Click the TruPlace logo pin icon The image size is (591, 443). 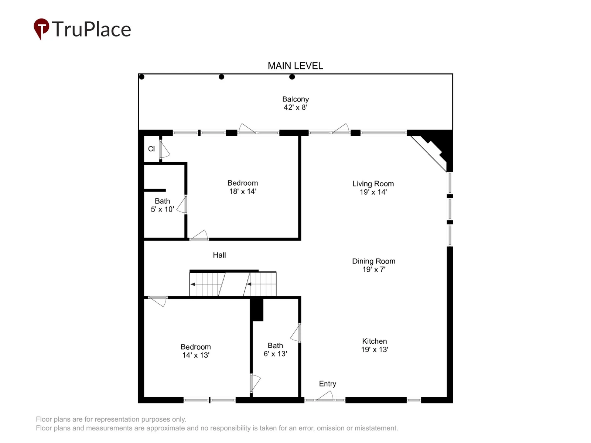pos(41,28)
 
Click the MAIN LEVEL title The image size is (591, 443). pos(295,66)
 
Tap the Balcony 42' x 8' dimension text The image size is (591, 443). pos(295,107)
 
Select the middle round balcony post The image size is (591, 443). pos(221,77)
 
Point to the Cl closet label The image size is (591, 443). pos(151,149)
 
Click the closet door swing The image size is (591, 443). pos(165,149)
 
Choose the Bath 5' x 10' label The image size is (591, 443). pos(163,205)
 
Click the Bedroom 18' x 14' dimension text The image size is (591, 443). pos(243,191)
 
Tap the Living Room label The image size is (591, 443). pos(373,184)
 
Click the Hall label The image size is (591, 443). pos(219,255)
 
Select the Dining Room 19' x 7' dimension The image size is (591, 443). pos(374,269)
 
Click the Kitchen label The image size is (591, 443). pos(374,341)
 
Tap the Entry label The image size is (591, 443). pos(327,384)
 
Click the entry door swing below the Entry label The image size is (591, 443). pos(325,395)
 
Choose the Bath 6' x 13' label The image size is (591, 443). pos(275,349)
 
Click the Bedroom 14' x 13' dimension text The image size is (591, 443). pos(196,355)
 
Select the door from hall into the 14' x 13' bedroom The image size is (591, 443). pos(158,301)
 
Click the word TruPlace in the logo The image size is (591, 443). pos(91,29)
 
